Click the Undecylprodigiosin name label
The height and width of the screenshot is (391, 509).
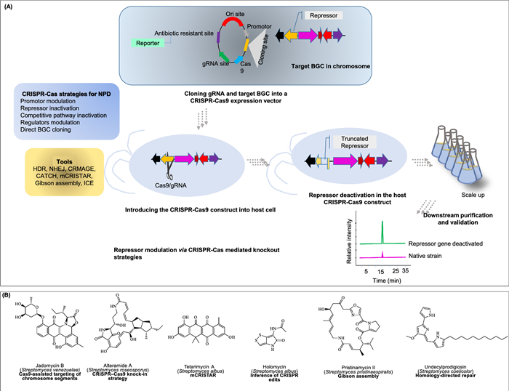pos(453,363)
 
